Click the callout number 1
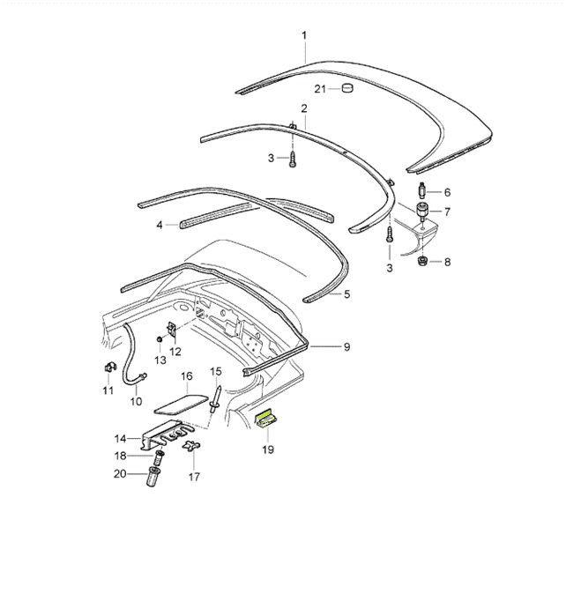click(303, 35)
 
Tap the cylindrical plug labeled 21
click(346, 88)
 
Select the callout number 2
click(303, 108)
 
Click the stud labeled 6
click(421, 190)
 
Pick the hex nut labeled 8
click(421, 261)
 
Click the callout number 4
click(160, 225)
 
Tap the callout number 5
click(346, 293)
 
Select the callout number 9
click(346, 346)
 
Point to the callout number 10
click(136, 401)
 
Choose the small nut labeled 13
click(159, 339)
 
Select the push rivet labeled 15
click(215, 398)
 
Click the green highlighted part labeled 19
click(267, 420)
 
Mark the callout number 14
click(120, 438)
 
